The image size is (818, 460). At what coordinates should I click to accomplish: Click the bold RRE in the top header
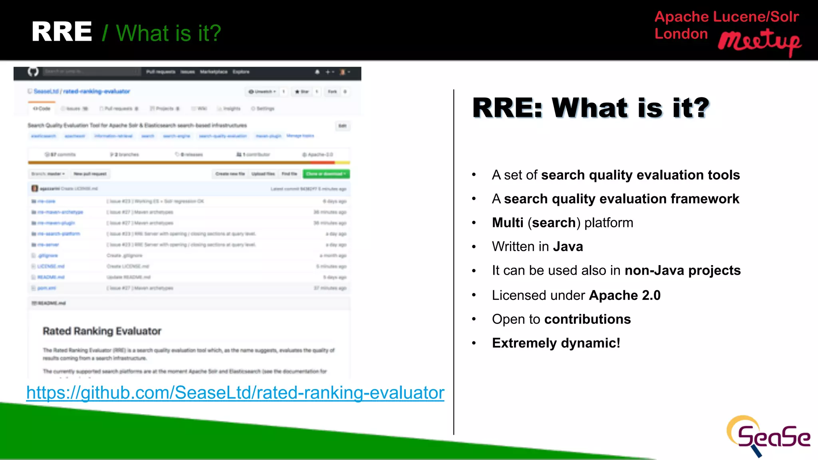pos(62,32)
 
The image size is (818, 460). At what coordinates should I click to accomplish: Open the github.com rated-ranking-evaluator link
pos(235,393)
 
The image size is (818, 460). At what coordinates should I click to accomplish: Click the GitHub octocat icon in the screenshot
pos(33,72)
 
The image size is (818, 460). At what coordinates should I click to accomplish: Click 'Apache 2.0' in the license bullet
pos(625,295)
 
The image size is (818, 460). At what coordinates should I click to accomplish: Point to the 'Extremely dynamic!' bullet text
pos(556,343)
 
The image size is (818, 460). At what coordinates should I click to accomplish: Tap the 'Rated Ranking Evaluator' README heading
pos(102,331)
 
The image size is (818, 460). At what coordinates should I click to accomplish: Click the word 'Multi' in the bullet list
pos(508,223)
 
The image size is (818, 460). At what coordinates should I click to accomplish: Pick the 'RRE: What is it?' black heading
pos(591,108)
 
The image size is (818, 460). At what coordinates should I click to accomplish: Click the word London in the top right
pos(681,34)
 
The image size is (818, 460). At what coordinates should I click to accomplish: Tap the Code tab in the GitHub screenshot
pos(42,109)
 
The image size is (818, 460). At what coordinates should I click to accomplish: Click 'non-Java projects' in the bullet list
pos(683,271)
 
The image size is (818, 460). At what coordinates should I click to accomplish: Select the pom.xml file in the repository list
pos(47,288)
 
